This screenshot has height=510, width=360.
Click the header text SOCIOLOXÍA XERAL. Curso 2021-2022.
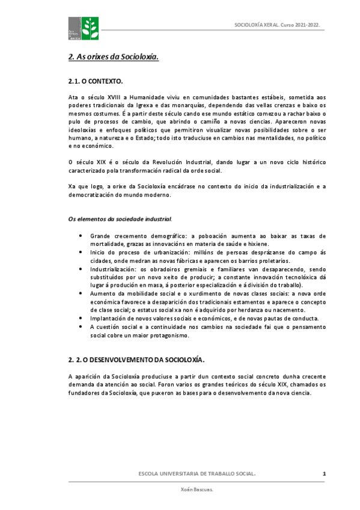(277, 26)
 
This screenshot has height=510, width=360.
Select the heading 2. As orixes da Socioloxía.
(113, 58)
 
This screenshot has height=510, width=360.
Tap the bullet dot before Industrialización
(81, 269)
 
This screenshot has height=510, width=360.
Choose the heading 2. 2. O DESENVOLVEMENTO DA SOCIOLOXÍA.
(136, 360)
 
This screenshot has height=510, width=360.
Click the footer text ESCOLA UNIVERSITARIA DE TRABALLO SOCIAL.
(197, 475)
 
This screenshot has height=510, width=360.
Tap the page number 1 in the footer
(324, 475)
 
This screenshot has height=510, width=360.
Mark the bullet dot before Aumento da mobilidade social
(81, 293)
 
